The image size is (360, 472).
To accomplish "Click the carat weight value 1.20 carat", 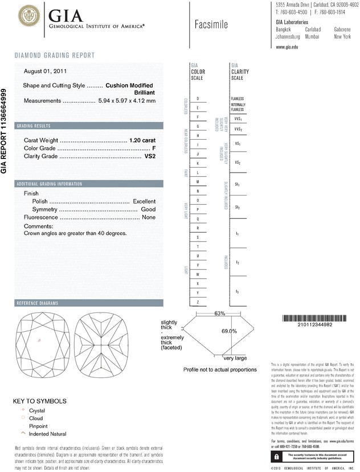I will tap(142, 140).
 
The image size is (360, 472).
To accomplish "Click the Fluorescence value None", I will tap(149, 218).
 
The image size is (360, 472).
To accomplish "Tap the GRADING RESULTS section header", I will tap(34, 125).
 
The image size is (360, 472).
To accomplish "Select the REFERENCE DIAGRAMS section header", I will tap(39, 303).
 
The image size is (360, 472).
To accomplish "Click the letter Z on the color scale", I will tap(198, 301).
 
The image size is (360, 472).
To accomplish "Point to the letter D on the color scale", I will tap(198, 99).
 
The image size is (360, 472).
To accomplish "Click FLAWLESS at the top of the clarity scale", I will tap(238, 99).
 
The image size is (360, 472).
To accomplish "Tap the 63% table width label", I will tap(204, 314).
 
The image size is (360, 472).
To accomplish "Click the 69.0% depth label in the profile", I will tap(229, 331).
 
